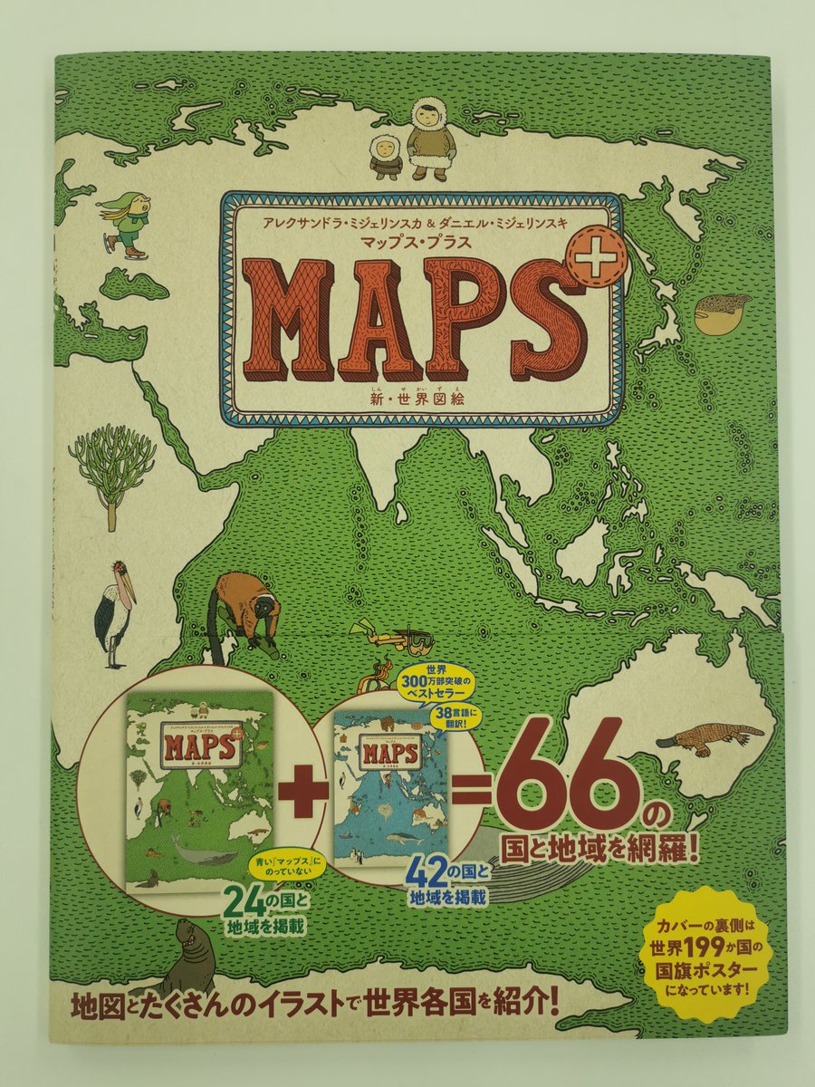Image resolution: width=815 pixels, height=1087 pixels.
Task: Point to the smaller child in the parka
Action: (x=386, y=157)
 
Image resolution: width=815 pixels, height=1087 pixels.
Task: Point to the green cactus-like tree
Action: (x=110, y=466)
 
